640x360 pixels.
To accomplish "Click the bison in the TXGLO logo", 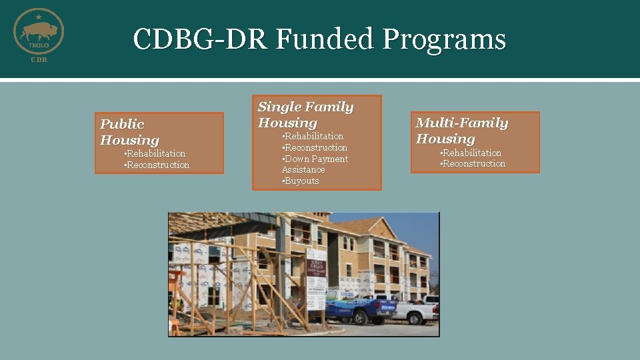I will [x=38, y=31].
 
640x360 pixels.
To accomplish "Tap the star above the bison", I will [x=39, y=15].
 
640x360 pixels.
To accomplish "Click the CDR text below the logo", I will [x=39, y=60].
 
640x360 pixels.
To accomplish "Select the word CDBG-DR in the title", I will [x=199, y=39].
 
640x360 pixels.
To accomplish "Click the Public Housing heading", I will [x=130, y=132].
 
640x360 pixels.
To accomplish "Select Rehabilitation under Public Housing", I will [x=156, y=153].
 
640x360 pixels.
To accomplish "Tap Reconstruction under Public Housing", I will [x=157, y=165].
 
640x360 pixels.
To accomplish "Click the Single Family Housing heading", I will [x=305, y=115].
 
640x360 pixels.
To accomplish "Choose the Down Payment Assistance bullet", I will [x=315, y=164].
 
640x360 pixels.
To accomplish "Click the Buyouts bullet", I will [x=301, y=181].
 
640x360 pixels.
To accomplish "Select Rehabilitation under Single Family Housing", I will [x=313, y=136].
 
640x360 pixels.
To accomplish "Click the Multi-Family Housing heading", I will [x=461, y=131].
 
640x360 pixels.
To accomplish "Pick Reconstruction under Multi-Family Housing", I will [x=473, y=163].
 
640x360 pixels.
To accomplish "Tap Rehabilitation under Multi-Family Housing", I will [x=472, y=153].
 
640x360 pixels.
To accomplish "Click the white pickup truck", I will [x=415, y=311].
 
